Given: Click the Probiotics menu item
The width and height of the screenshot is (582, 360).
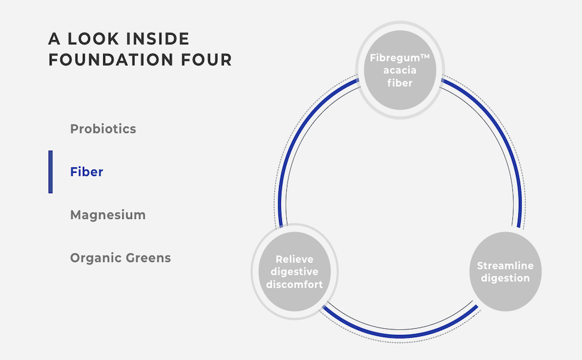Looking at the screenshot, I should tap(103, 129).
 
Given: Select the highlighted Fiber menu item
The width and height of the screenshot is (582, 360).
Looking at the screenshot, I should tap(87, 172).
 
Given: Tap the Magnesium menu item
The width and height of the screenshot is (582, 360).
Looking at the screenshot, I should tap(108, 215).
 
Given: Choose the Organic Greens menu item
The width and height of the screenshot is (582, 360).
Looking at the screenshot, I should tap(121, 258).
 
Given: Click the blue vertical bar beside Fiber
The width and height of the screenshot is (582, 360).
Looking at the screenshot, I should tap(51, 172).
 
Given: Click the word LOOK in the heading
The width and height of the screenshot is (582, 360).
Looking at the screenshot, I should tap(94, 40).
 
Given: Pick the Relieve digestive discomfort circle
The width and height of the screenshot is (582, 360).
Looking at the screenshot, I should tap(295, 272).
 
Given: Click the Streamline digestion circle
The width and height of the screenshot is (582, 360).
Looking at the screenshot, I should tap(505, 272).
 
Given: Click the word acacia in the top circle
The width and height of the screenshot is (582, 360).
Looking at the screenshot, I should tap(400, 71).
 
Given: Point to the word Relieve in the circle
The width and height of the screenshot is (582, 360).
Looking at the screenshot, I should tap(295, 260).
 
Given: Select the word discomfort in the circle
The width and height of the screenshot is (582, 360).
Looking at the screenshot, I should tap(295, 284).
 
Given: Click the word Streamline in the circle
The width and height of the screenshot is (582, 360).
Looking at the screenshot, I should tap(505, 266).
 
